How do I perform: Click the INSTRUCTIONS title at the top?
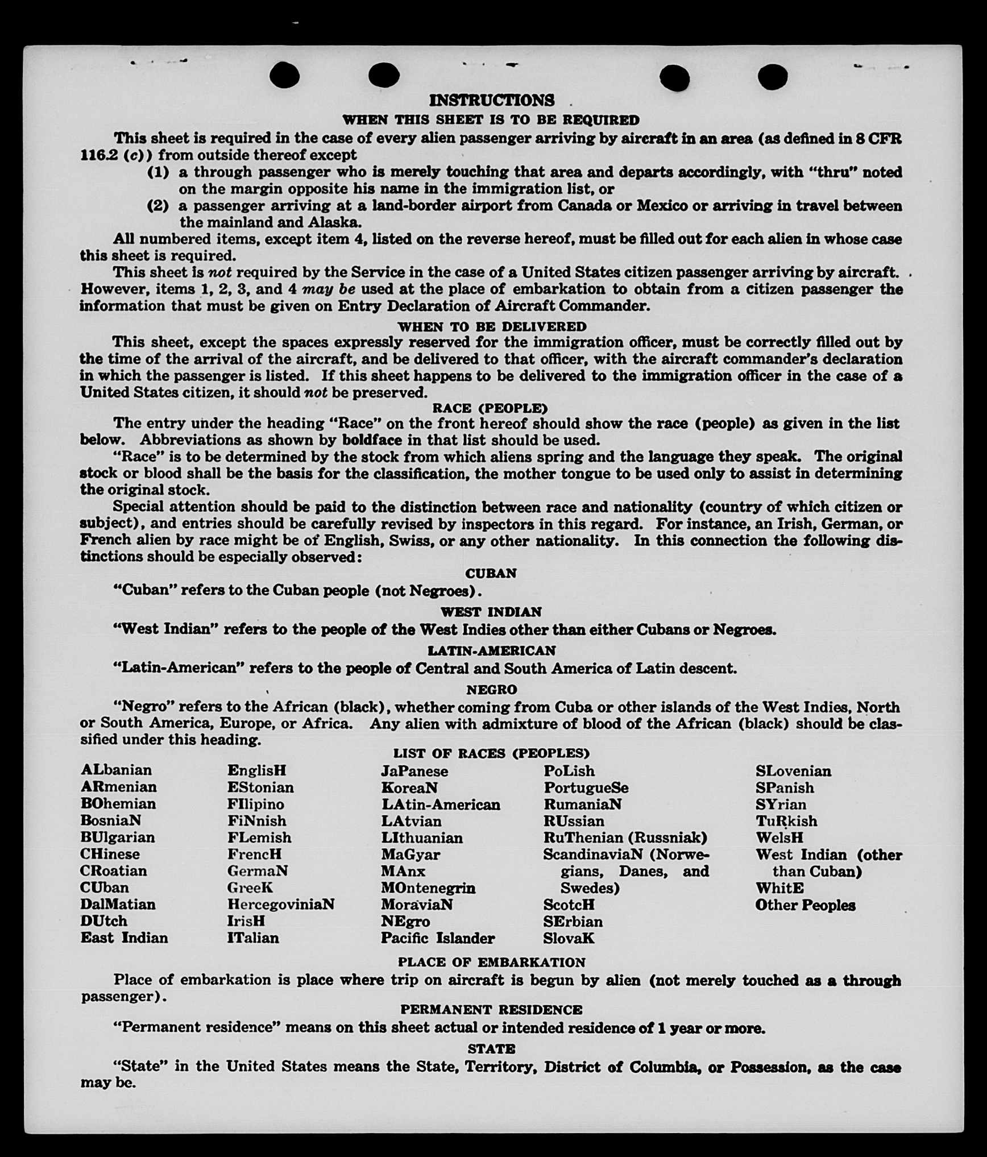coord(491,101)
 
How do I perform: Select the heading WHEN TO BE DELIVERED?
coord(492,327)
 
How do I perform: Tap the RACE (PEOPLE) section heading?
coord(490,408)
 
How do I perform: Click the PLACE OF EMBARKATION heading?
coord(491,962)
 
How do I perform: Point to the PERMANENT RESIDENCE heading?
coord(491,1009)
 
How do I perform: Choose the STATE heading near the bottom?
coord(491,1048)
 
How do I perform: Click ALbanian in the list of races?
coord(116,770)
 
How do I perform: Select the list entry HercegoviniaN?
coord(281,904)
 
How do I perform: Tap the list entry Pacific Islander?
coord(438,938)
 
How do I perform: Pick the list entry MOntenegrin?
coord(428,888)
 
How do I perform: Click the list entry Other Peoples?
coord(805,905)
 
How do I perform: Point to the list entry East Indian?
coord(124,938)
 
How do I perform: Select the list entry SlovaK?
coord(569,938)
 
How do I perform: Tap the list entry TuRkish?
coord(786,821)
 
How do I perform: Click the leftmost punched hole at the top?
coord(284,75)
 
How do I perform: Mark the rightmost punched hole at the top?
coord(773,76)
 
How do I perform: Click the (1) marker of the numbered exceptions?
coord(158,172)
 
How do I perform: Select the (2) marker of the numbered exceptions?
coord(158,205)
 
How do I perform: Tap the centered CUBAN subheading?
coord(491,573)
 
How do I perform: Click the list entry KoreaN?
coord(409,787)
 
